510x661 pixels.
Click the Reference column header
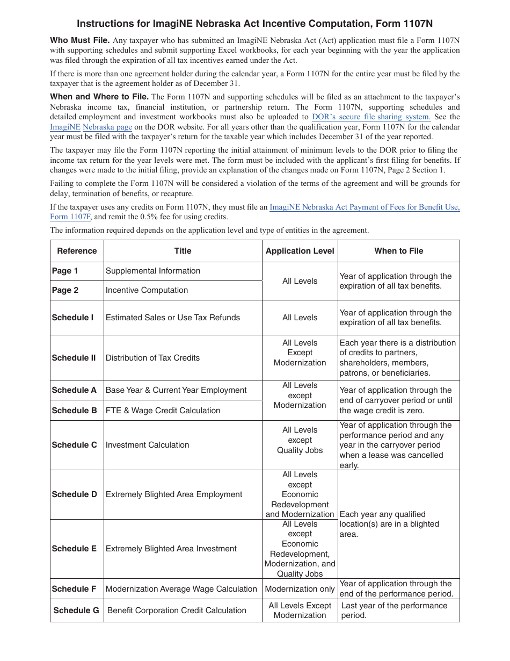77,251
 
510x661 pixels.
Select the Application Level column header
300,251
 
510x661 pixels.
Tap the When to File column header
398,251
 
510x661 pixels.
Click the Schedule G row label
76,610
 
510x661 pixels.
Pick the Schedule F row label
74,589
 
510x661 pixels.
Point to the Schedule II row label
74,358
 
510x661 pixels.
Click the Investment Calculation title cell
147,445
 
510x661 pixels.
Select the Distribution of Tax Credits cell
152,358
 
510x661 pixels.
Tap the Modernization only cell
300,589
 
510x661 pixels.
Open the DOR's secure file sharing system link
371,117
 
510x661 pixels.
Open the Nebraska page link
107,127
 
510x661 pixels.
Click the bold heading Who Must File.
80,40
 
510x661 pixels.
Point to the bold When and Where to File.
99,97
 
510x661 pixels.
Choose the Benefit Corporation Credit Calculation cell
177,610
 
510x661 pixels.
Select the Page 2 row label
65,290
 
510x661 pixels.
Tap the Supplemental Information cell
153,271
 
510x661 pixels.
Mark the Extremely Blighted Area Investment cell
171,549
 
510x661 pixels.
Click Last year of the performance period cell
394,610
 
